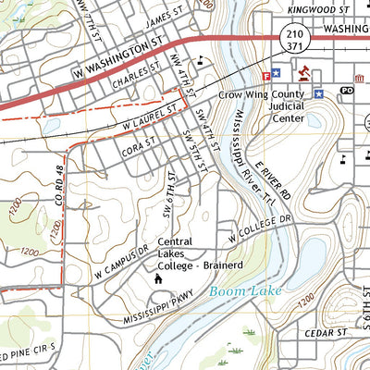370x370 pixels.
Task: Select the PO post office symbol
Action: click(347, 91)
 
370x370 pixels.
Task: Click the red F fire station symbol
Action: click(267, 73)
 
